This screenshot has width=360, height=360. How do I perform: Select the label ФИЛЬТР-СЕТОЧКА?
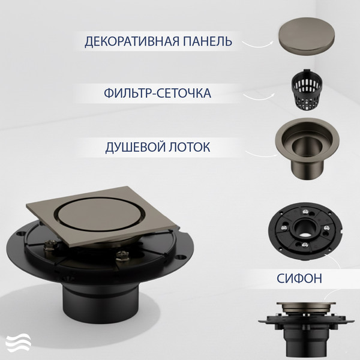(x=157, y=94)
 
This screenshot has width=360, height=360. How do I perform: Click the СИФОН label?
(x=300, y=278)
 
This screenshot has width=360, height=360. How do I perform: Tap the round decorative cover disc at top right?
(x=305, y=36)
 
